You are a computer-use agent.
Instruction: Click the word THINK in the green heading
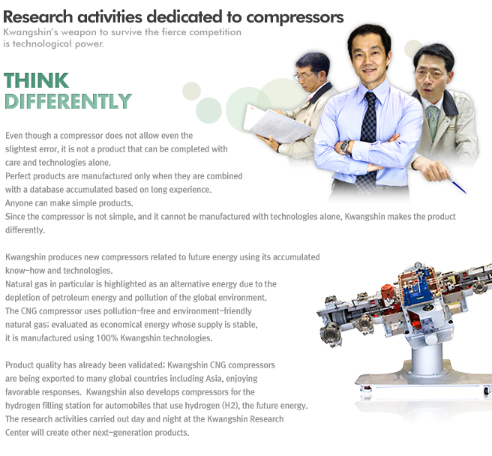[37, 81]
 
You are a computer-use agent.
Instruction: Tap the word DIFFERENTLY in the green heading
[68, 101]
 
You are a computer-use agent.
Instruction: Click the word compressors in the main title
[295, 17]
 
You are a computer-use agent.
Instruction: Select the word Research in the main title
[38, 16]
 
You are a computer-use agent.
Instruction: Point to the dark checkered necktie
[367, 140]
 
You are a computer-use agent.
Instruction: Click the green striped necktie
[433, 122]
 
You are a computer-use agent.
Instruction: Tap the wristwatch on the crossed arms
[346, 146]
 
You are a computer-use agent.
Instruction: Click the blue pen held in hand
[457, 185]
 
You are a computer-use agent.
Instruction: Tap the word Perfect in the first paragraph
[18, 176]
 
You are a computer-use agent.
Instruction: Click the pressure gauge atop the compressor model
[418, 265]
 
